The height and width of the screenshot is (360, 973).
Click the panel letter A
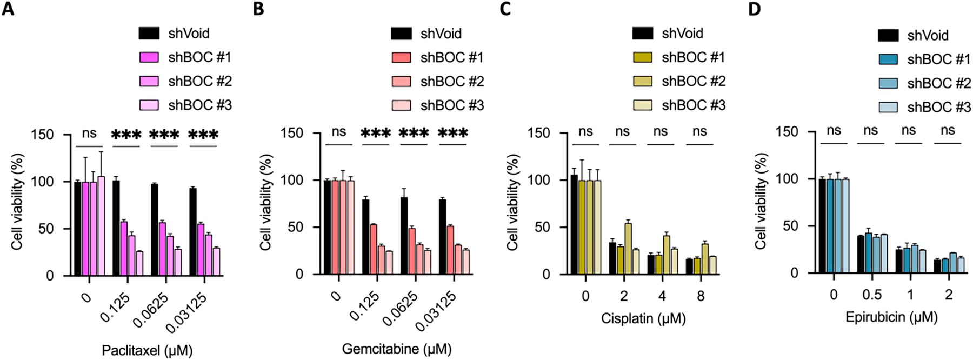(x=8, y=9)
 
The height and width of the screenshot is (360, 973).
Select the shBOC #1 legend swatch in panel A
(x=149, y=57)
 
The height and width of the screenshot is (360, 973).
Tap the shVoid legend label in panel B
(x=441, y=34)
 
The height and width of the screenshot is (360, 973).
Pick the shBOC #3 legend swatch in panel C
(x=642, y=105)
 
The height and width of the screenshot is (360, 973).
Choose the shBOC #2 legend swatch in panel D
(x=888, y=83)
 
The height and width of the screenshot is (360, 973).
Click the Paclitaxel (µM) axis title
(x=147, y=350)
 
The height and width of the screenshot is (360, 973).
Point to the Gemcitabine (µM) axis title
(x=397, y=349)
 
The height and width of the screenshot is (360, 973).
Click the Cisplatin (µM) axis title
(x=643, y=318)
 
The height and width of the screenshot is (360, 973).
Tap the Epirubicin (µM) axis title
(x=891, y=317)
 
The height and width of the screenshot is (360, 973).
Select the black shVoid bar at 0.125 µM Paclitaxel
(x=116, y=228)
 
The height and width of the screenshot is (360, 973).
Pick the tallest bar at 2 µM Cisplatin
(x=628, y=249)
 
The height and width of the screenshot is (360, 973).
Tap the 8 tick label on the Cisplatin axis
(x=701, y=296)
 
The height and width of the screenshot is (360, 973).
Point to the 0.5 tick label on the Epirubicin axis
(x=872, y=295)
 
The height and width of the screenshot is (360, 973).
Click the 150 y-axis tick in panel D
(x=787, y=132)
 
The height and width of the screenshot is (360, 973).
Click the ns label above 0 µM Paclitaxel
(x=89, y=133)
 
